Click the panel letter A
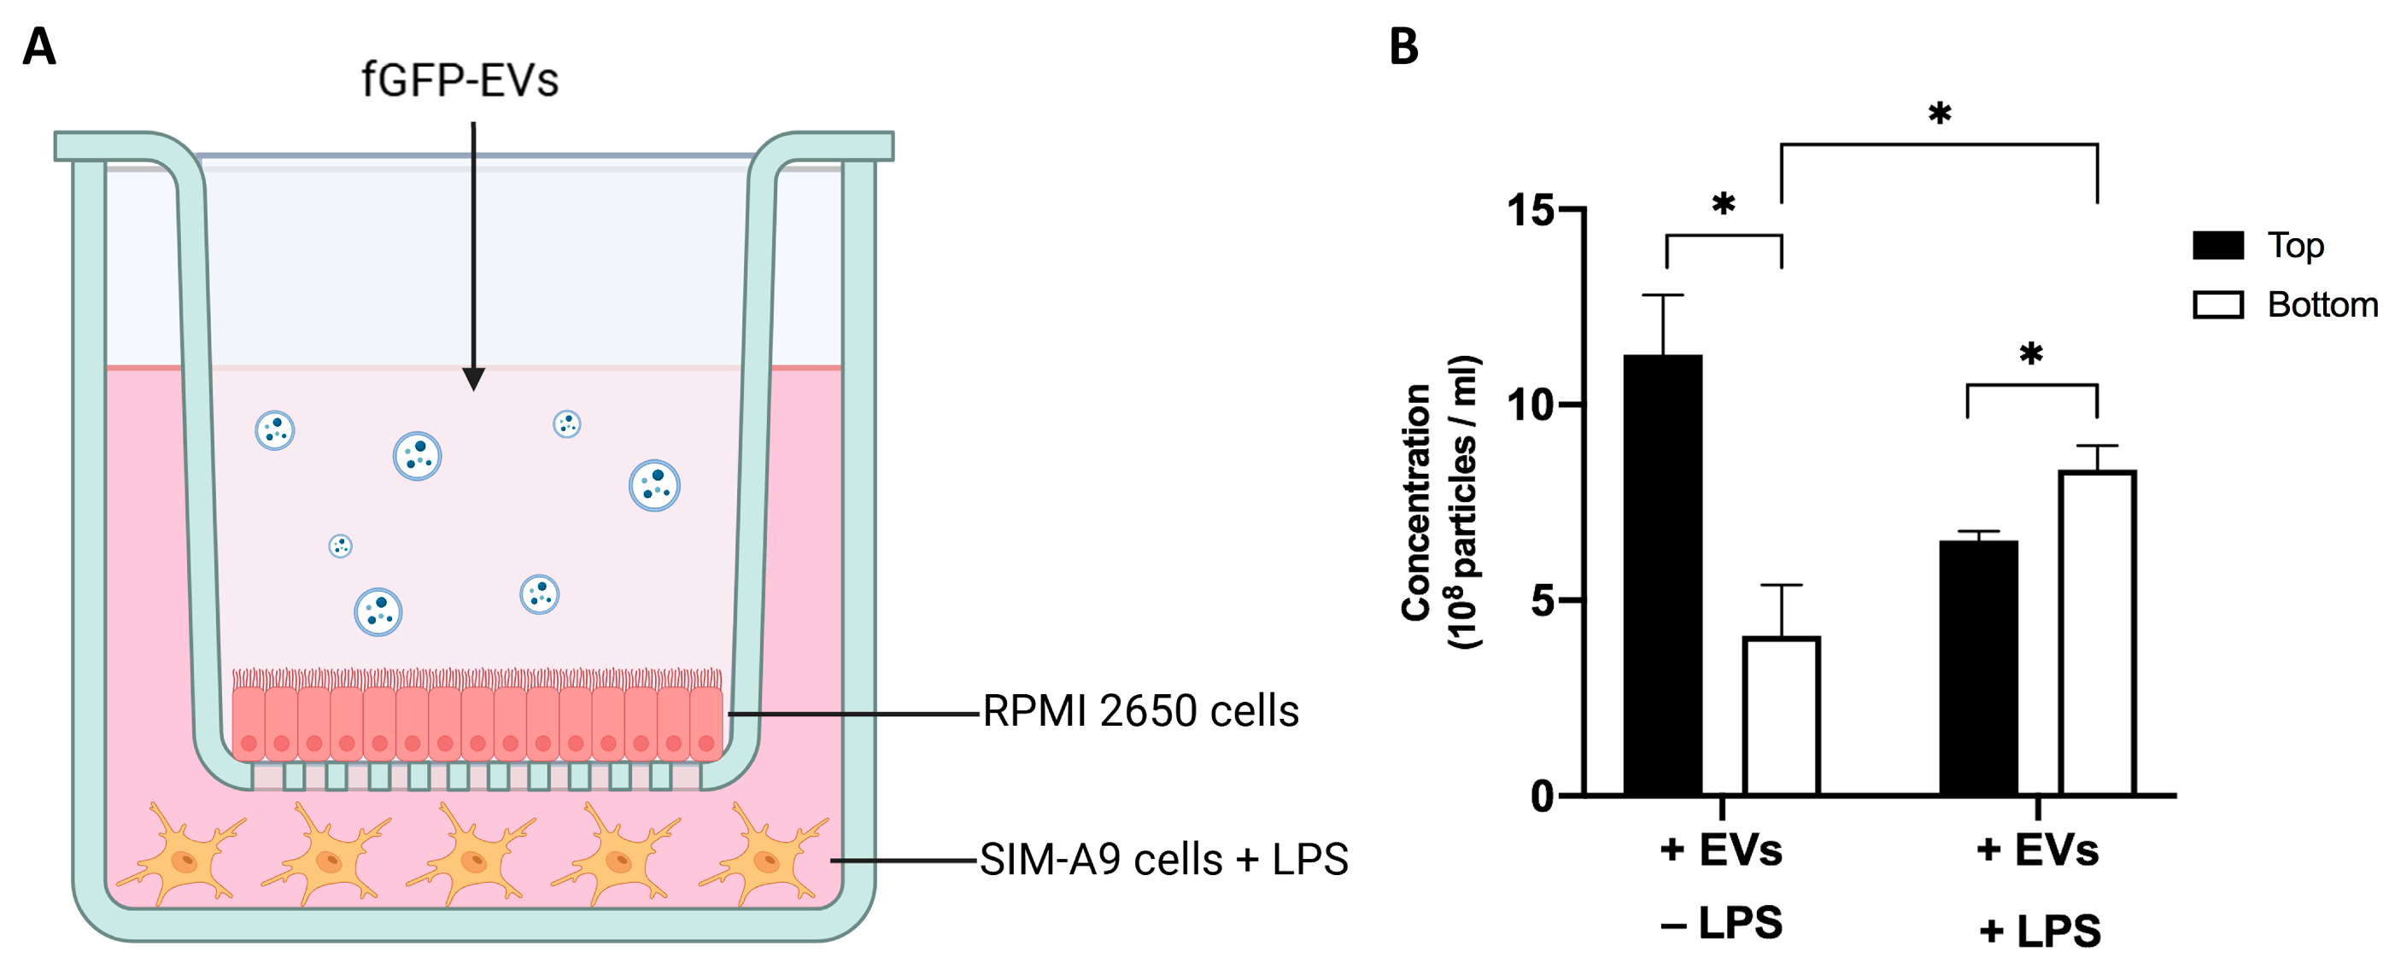pos(39,46)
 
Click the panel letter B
pos(1403,46)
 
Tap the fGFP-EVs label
pos(460,81)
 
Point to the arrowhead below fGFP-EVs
pos(473,379)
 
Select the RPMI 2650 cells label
pos(1140,712)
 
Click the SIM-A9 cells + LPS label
pos(1163,860)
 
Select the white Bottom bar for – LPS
pos(1780,715)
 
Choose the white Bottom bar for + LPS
pos(2097,632)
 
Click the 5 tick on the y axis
pos(1543,600)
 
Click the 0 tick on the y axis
pos(1543,797)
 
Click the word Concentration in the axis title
pos(1415,502)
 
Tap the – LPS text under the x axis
pos(1721,923)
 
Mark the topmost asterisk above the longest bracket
pos(1939,114)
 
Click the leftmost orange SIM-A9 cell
pos(181,858)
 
